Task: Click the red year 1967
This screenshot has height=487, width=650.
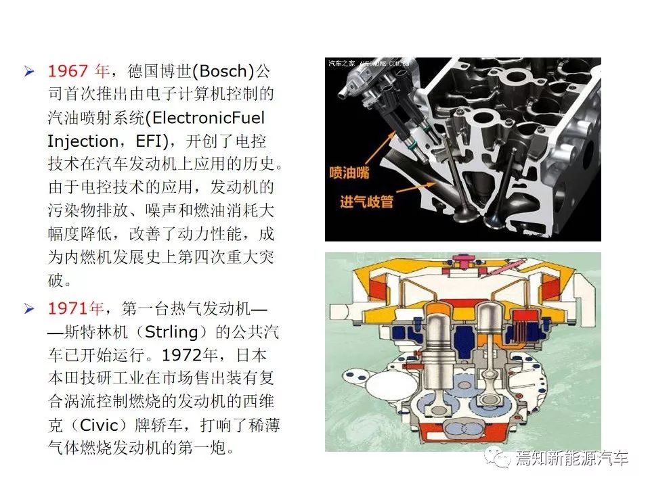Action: tap(68, 71)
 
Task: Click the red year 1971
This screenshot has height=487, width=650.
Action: tap(68, 308)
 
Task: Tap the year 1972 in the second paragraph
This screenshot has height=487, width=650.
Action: tap(182, 355)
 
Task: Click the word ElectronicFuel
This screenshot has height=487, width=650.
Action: tap(209, 118)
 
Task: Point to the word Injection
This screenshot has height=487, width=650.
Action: tap(83, 141)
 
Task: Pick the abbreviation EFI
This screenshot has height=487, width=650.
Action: tap(149, 141)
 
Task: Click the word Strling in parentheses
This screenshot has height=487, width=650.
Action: tap(171, 332)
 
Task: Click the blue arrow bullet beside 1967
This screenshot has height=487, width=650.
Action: tap(29, 71)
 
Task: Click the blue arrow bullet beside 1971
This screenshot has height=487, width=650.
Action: tap(29, 309)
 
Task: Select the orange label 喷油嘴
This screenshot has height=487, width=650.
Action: tap(349, 172)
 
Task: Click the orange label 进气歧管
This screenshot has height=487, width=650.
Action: tap(366, 202)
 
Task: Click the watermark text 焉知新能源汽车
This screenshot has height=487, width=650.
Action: tap(572, 458)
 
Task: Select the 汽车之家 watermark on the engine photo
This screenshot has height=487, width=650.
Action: tap(341, 64)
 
